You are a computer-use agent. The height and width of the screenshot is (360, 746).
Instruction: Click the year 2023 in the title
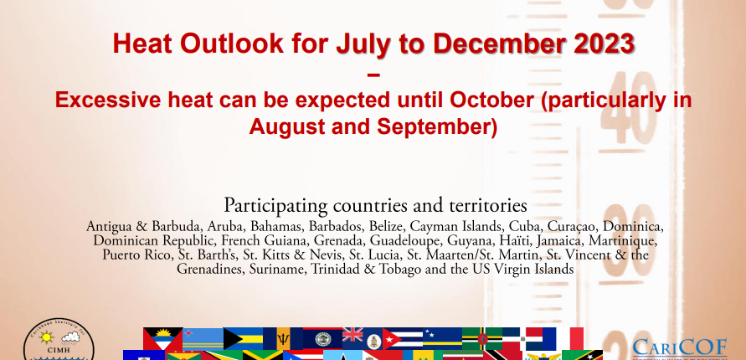tap(605, 44)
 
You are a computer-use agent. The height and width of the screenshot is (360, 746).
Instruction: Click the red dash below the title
tap(374, 75)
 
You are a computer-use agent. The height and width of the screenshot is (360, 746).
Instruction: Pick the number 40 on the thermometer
tap(628, 108)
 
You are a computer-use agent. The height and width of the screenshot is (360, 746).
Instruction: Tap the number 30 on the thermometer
tap(628, 240)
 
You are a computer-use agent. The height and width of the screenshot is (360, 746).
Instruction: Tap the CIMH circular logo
tap(59, 340)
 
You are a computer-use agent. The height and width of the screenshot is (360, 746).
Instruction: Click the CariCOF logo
tap(679, 347)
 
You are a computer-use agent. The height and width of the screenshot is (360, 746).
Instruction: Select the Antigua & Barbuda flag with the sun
tap(162, 338)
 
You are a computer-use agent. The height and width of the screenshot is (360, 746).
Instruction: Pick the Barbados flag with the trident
tap(283, 338)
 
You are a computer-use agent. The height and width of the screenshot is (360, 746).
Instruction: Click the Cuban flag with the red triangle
tap(403, 338)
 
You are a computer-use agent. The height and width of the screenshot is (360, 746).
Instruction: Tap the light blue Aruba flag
tap(203, 338)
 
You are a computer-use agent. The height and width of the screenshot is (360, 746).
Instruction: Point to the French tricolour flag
tap(563, 338)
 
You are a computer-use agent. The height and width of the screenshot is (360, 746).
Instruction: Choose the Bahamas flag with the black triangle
tap(243, 338)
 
